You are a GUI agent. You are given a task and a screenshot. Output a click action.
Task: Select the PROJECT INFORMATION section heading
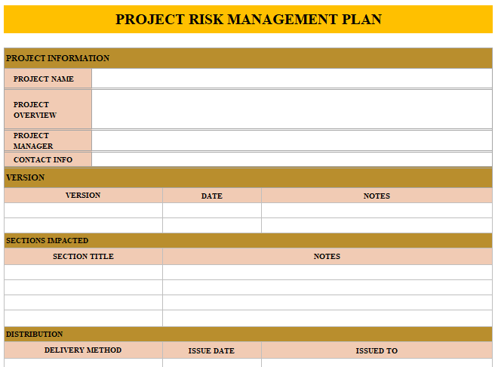tap(57, 58)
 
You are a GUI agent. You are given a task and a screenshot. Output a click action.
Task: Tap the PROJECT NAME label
tap(44, 79)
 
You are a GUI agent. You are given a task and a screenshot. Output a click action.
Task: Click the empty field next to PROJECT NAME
tap(292, 79)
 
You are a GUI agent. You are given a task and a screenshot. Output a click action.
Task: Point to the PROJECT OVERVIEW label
tap(35, 109)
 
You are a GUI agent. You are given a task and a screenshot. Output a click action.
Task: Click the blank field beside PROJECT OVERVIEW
tap(292, 109)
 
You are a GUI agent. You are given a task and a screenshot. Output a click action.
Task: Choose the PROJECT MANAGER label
tap(33, 140)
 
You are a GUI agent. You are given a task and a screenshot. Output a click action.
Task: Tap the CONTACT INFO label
tap(43, 159)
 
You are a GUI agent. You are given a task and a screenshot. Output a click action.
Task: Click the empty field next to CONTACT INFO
tap(292, 159)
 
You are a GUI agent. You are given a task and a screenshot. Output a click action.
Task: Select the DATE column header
tap(212, 196)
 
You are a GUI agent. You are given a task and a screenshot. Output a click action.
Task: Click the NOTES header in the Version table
tap(377, 196)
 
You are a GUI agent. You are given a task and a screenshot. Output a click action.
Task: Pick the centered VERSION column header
tap(83, 195)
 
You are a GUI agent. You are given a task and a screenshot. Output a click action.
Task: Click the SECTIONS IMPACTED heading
tap(47, 241)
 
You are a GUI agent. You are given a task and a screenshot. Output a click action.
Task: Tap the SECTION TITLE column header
tap(83, 257)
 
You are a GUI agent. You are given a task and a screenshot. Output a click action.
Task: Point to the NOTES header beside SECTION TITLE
tap(327, 257)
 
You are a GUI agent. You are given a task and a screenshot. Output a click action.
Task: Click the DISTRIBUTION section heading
tap(34, 335)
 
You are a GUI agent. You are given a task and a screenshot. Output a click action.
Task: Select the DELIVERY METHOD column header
tap(83, 350)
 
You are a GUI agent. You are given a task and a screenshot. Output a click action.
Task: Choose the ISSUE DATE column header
tap(211, 351)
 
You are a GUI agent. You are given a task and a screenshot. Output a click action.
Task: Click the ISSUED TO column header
tap(377, 351)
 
